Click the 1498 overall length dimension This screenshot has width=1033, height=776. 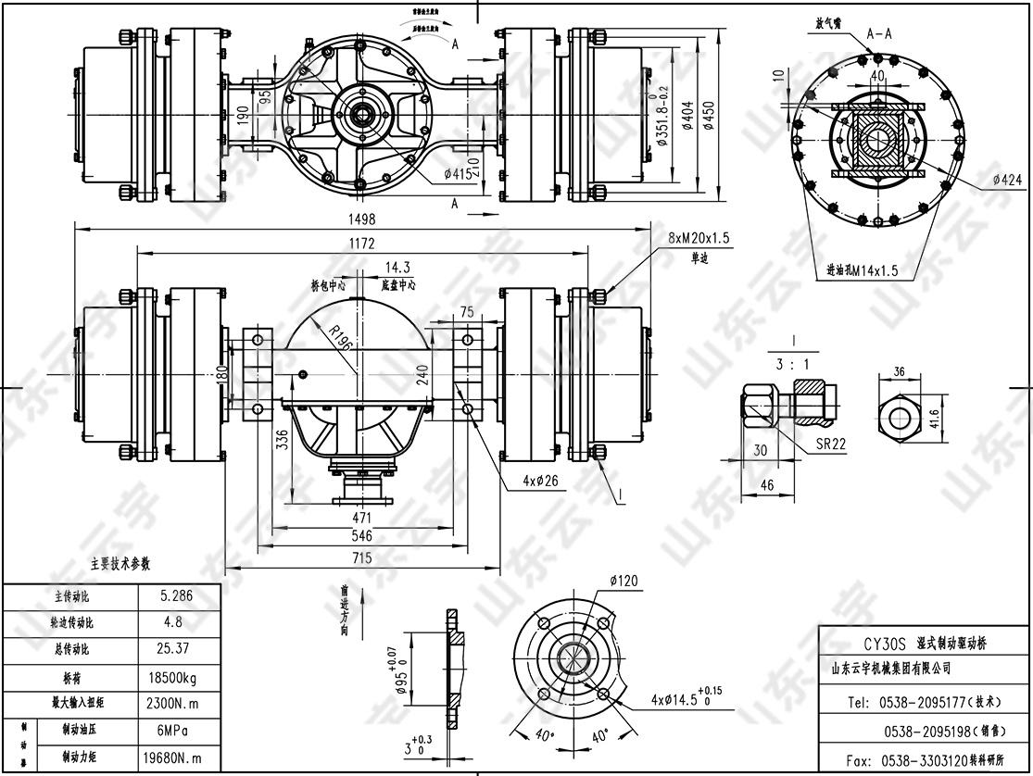pyautogui.click(x=362, y=219)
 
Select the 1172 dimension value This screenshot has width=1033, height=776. pyautogui.click(x=362, y=243)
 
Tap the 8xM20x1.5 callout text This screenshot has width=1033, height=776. pyautogui.click(x=699, y=239)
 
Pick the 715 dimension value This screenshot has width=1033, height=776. pyautogui.click(x=361, y=557)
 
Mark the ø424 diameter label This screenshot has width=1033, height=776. pyautogui.click(x=1006, y=179)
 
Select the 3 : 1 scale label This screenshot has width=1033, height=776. pyautogui.click(x=794, y=364)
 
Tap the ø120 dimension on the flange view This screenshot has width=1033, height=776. pyautogui.click(x=624, y=582)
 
